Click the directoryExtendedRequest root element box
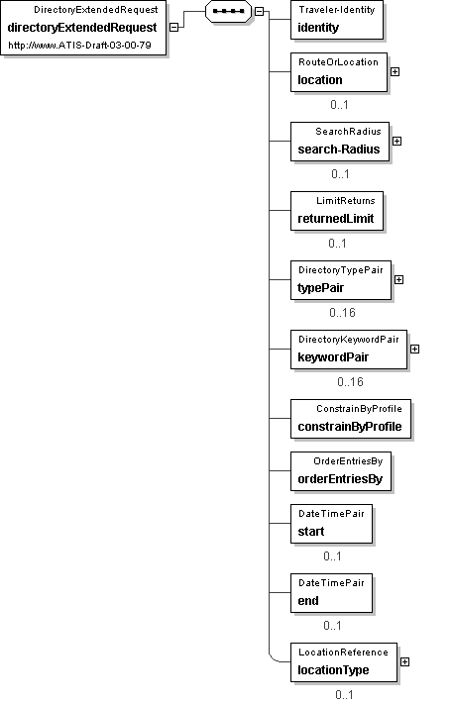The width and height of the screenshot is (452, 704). pyautogui.click(x=83, y=28)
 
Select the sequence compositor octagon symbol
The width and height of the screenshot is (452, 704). pyautogui.click(x=228, y=11)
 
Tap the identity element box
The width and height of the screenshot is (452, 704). pyautogui.click(x=337, y=20)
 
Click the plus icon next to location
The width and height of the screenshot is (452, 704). pyautogui.click(x=395, y=72)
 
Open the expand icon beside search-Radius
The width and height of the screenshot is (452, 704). pyautogui.click(x=396, y=141)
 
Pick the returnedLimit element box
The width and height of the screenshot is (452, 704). pyautogui.click(x=337, y=211)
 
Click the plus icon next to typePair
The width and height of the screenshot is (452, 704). pyautogui.click(x=398, y=279)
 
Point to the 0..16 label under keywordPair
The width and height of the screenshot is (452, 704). pyautogui.click(x=350, y=382)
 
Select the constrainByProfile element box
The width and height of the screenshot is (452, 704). pyautogui.click(x=351, y=419)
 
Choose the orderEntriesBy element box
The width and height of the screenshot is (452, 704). pyautogui.click(x=341, y=471)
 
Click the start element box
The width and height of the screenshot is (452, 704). pyautogui.click(x=332, y=524)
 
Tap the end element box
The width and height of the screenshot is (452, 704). pyautogui.click(x=332, y=593)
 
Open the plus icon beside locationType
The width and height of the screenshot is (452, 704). pyautogui.click(x=404, y=661)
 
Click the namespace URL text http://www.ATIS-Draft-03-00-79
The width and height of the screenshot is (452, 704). pyautogui.click(x=79, y=46)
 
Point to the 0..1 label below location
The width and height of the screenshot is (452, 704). pyautogui.click(x=339, y=105)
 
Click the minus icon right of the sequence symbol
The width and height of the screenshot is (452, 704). pyautogui.click(x=260, y=11)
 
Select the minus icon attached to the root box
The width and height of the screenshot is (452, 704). pyautogui.click(x=173, y=27)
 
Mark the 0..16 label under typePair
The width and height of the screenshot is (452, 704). pyautogui.click(x=342, y=313)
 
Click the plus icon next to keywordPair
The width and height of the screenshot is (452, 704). pyautogui.click(x=414, y=349)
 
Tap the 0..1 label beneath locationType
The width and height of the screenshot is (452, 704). pyautogui.click(x=344, y=695)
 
